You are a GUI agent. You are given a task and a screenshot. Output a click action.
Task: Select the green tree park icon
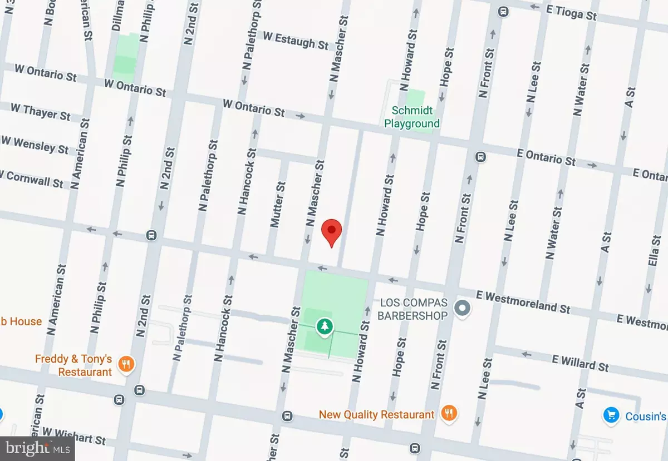coord(323,327)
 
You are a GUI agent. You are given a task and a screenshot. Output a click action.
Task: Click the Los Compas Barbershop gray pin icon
coord(462,308)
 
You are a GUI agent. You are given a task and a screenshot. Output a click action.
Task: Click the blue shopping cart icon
coord(611,415)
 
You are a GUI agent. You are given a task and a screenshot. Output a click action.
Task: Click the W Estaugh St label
coord(296,40)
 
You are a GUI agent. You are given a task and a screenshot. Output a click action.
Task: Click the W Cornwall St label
coord(32,179)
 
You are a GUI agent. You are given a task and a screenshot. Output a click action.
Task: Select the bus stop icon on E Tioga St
coord(503,11)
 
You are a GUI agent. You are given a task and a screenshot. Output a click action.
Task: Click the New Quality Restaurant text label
coord(376,414)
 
